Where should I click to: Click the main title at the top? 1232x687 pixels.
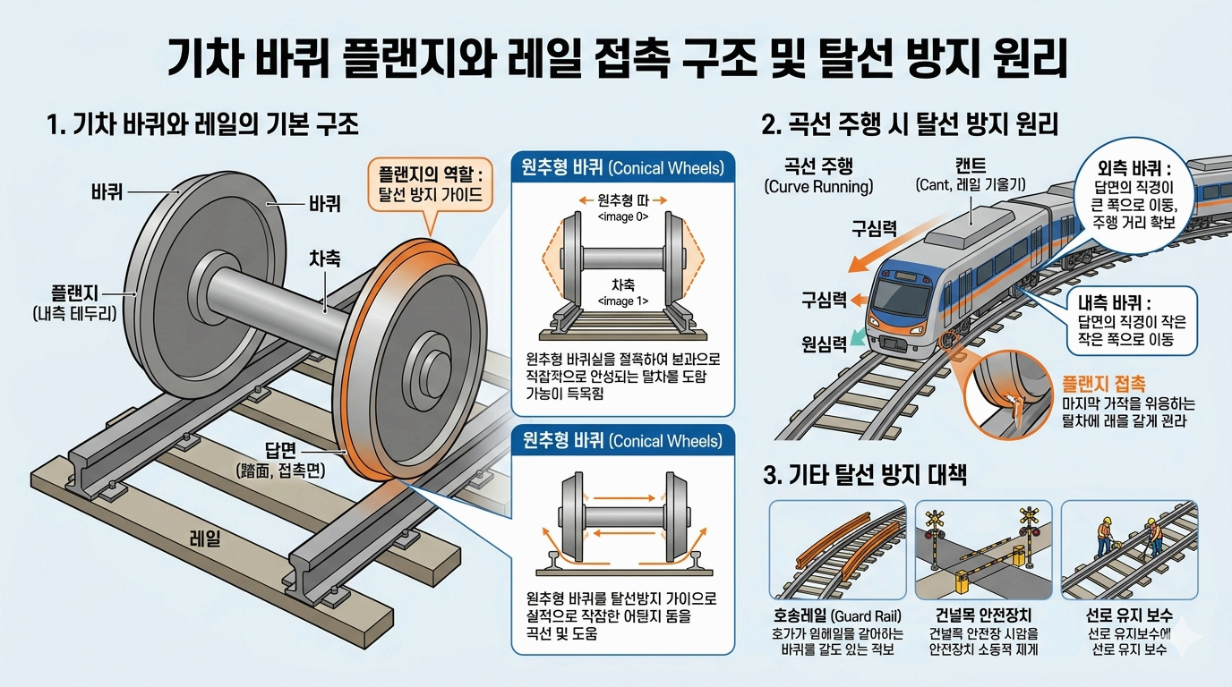point(616,59)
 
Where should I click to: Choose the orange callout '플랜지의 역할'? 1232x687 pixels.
point(430,184)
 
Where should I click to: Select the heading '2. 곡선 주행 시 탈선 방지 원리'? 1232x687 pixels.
point(910,124)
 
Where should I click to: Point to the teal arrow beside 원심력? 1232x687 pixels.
point(858,335)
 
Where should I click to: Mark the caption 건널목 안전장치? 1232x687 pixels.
point(982,615)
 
